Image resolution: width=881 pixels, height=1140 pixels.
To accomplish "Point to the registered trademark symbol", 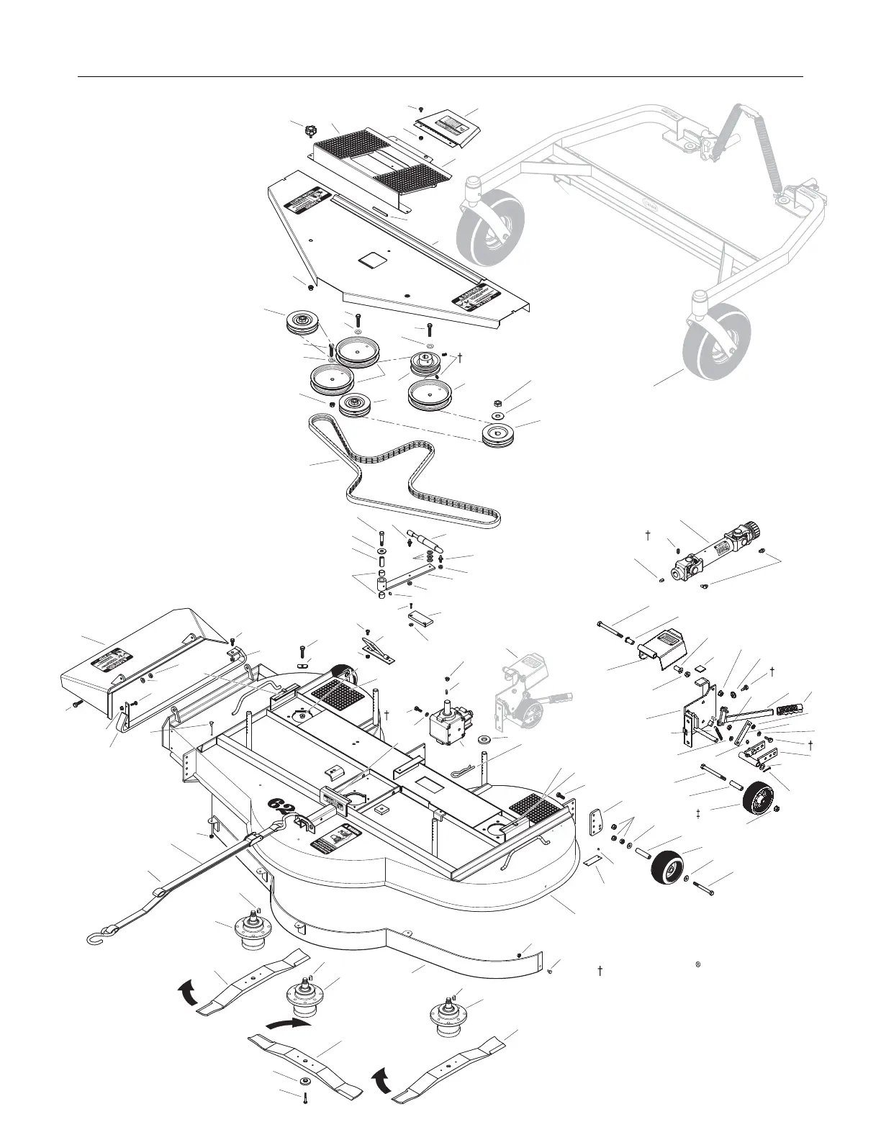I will coord(698,964).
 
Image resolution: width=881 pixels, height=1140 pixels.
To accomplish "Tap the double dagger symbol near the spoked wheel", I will coord(699,813).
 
